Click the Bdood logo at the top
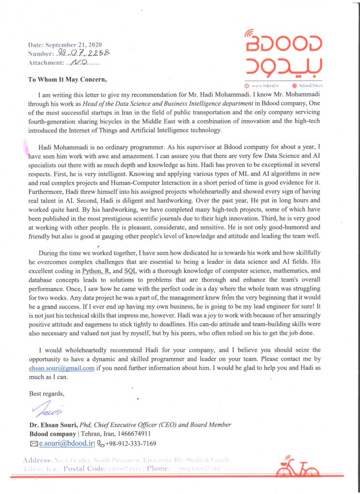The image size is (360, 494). click(x=283, y=53)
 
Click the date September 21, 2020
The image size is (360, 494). click(x=72, y=45)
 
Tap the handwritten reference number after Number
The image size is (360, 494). click(x=83, y=54)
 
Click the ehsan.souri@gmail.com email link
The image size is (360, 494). click(x=62, y=368)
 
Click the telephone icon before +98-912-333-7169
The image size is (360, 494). click(x=101, y=443)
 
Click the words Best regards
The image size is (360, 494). click(x=46, y=393)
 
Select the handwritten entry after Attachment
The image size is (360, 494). click(x=79, y=62)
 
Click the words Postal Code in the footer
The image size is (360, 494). click(x=85, y=468)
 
